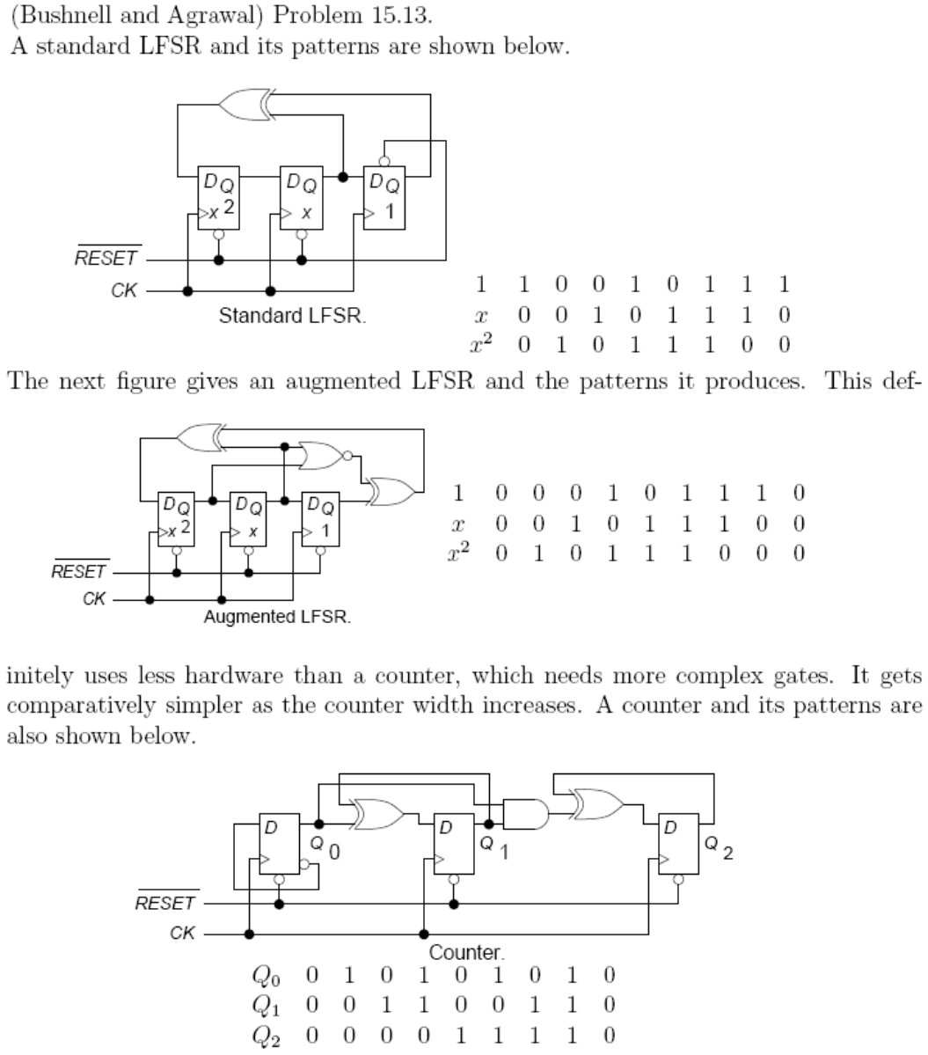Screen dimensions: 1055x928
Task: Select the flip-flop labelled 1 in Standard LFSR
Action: tap(384, 198)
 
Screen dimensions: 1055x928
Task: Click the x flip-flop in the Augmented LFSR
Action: tap(247, 519)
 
